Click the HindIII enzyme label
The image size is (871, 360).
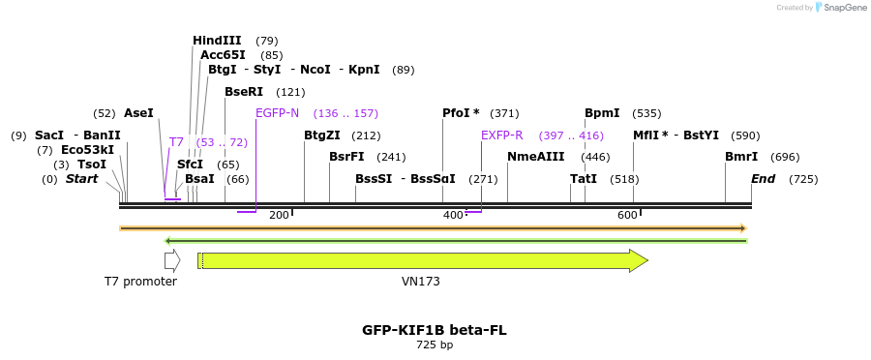point(217,41)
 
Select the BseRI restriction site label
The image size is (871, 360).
point(244,92)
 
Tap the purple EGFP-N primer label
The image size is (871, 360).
point(277,113)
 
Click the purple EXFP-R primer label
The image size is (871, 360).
point(501,135)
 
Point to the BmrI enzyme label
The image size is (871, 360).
point(741,157)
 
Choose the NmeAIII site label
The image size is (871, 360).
point(531,157)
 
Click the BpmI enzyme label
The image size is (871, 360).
point(602,113)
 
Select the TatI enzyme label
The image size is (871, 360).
point(584,179)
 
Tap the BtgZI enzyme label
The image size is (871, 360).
point(322,135)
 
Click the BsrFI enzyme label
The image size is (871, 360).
point(346,157)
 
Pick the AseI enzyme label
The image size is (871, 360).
point(138,113)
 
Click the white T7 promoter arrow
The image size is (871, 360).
point(172,260)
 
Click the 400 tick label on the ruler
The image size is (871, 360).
point(453,214)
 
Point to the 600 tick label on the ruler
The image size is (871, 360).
point(627,214)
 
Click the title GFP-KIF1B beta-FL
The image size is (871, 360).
point(435,330)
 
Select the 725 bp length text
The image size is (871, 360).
point(435,345)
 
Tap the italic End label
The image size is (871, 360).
point(763,179)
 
